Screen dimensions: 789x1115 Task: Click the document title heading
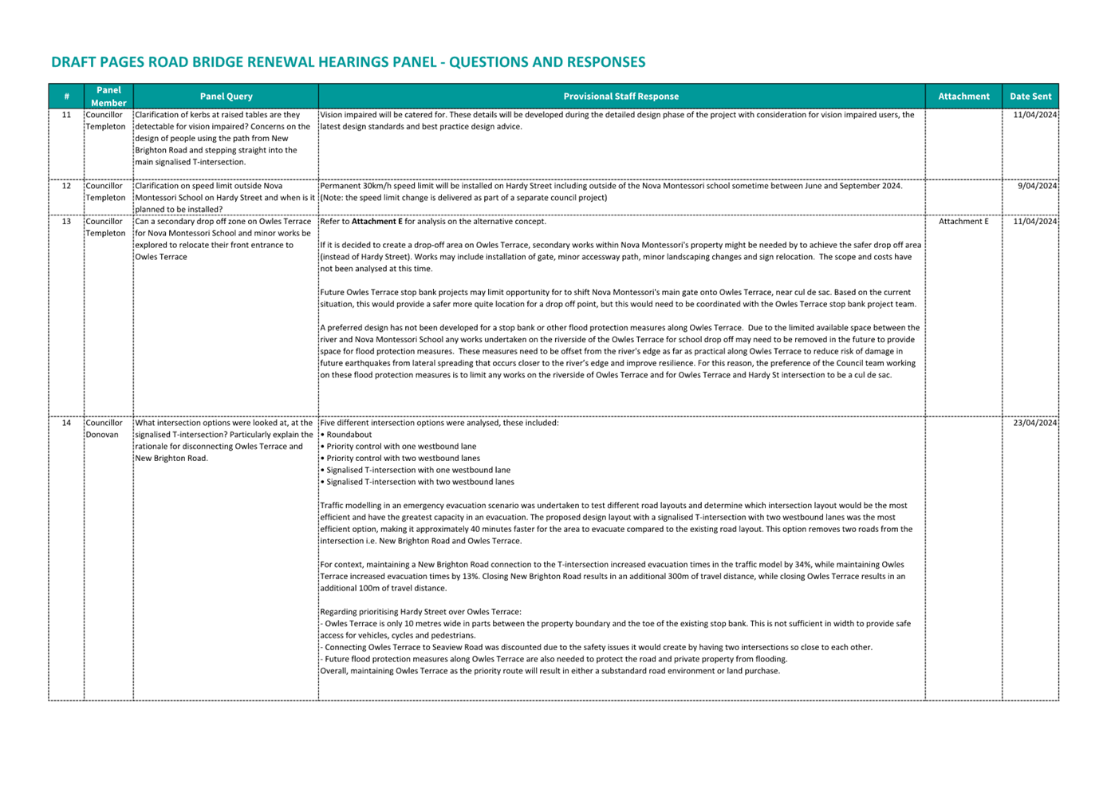(348, 62)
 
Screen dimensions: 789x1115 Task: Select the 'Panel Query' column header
(226, 97)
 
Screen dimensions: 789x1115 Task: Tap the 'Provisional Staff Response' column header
(621, 97)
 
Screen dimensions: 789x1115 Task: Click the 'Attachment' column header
(963, 97)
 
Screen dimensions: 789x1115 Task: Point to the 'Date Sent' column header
(1030, 97)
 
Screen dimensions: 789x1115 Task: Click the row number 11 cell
(66, 115)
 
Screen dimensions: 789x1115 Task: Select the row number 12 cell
(66, 186)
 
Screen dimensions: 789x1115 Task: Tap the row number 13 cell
(66, 222)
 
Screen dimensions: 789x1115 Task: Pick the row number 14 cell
(66, 423)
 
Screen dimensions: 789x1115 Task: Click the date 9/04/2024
(1037, 186)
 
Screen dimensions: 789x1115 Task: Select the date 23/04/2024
(1034, 423)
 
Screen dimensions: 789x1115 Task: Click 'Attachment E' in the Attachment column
(963, 222)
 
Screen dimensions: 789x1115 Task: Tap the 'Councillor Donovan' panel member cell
(104, 428)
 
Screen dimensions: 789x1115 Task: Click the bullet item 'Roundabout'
(349, 435)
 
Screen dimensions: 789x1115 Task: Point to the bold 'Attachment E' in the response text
(376, 222)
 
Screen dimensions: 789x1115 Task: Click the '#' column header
(66, 97)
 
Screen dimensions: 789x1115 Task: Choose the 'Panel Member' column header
(108, 97)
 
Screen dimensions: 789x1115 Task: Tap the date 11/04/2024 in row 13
(1034, 222)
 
